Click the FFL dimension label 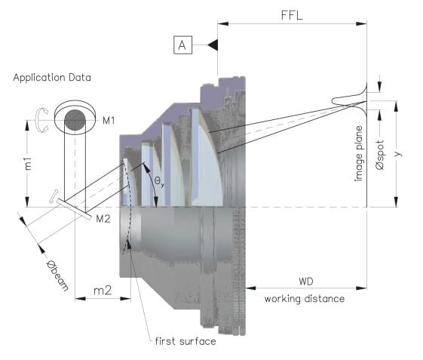(x=292, y=15)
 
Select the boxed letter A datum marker (x=183, y=45)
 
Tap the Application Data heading (x=52, y=78)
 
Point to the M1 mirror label (x=109, y=121)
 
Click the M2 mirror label (x=103, y=219)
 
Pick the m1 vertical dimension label (x=28, y=164)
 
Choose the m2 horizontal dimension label (x=103, y=291)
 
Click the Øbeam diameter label (x=57, y=275)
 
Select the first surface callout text (x=185, y=341)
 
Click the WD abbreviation (x=306, y=282)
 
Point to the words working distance (x=305, y=299)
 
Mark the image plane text (x=358, y=153)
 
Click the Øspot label (x=380, y=155)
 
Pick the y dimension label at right (x=398, y=153)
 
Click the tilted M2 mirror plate (x=74, y=209)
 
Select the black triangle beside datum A (x=213, y=45)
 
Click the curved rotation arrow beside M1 (x=41, y=120)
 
